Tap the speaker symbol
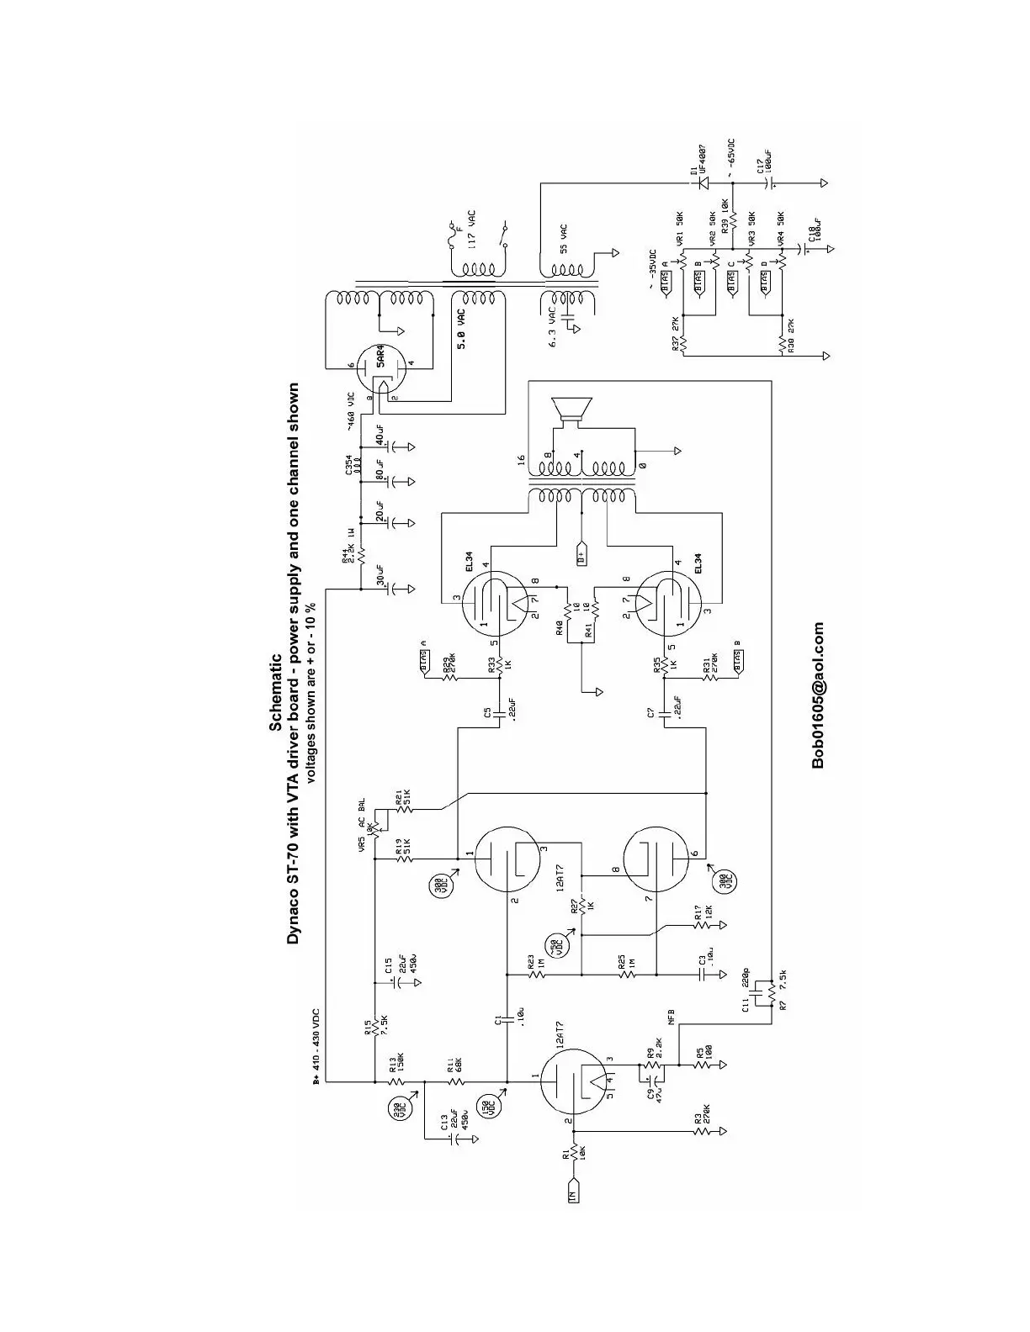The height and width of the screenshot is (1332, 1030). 573,410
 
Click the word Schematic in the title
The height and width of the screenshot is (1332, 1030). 275,695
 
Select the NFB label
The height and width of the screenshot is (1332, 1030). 671,1015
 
